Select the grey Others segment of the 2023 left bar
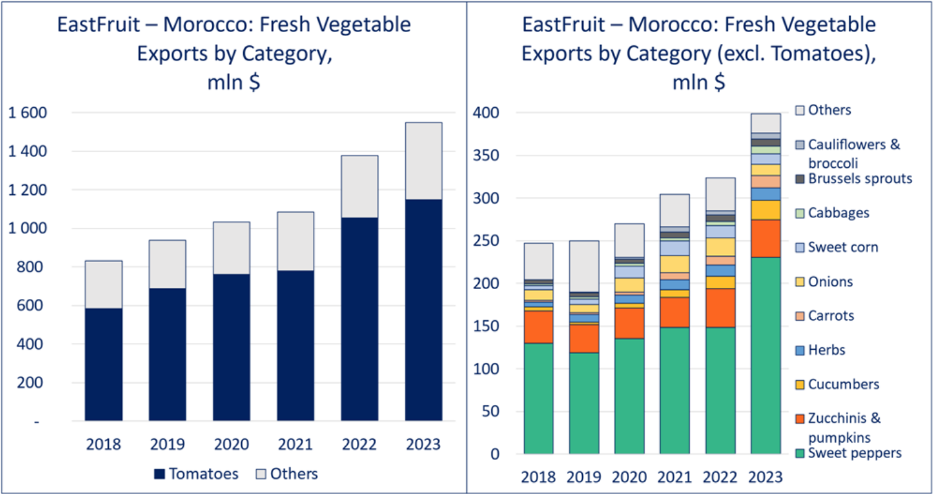(x=423, y=160)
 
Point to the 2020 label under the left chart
(x=231, y=444)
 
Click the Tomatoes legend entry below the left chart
(x=196, y=474)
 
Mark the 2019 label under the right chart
(x=583, y=477)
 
